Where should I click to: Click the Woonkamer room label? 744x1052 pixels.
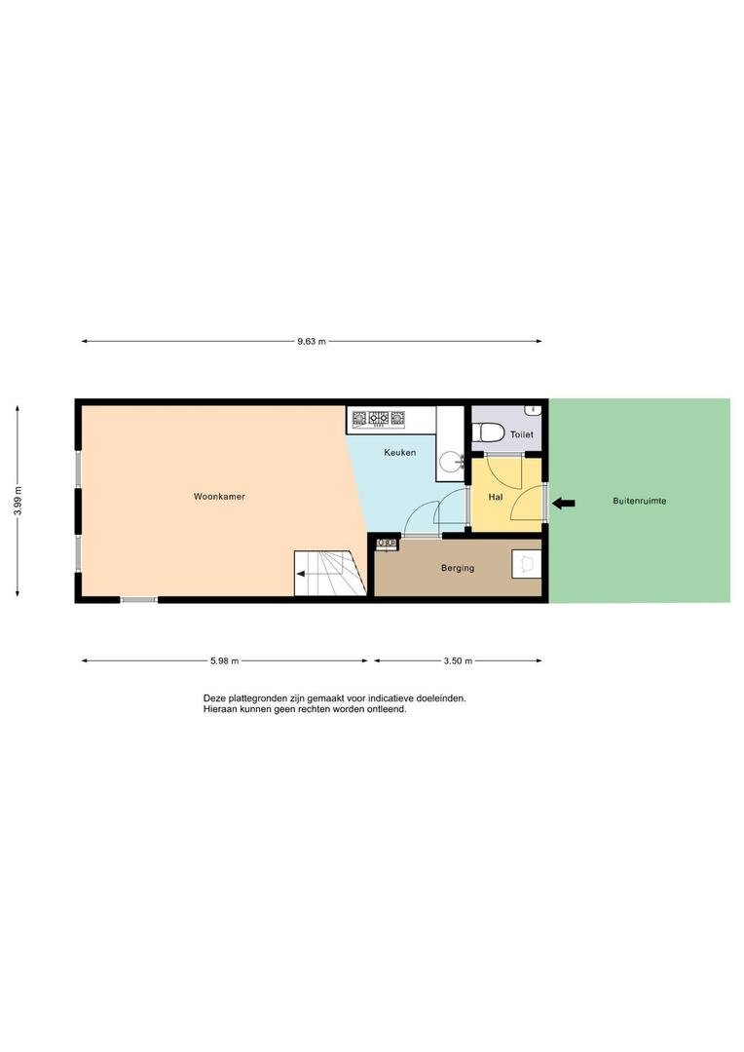coord(219,497)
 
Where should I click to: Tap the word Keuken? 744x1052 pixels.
coord(400,452)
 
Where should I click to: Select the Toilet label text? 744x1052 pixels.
coord(522,434)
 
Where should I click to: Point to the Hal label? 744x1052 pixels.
coord(496,497)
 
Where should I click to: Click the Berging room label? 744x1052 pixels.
coord(458,568)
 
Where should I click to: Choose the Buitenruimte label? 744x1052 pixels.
coord(640,501)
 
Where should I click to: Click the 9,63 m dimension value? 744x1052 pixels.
coord(312,342)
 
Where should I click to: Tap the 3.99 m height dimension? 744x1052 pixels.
coord(18,501)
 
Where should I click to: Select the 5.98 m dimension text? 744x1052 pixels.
coord(224,660)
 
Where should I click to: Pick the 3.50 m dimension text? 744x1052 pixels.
coord(458,660)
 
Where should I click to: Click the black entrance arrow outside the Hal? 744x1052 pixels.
coord(564,504)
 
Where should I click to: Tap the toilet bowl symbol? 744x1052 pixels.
coord(488,432)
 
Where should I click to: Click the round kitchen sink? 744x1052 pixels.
coord(452,463)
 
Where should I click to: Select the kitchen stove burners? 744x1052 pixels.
coord(379,419)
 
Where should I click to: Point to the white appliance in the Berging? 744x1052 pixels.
coord(527,564)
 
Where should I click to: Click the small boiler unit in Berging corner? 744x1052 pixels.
coord(388,543)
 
